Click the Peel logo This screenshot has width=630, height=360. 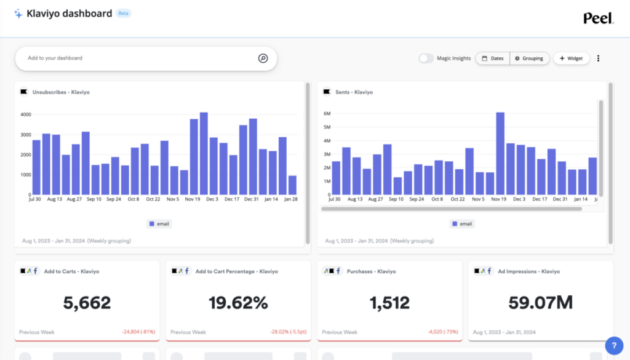click(598, 18)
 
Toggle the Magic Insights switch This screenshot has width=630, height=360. click(426, 58)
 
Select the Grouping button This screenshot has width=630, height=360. click(529, 58)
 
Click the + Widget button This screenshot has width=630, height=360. click(571, 58)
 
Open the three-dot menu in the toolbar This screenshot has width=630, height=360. click(598, 58)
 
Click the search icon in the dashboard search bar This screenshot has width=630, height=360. click(263, 58)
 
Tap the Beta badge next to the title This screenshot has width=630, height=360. click(123, 13)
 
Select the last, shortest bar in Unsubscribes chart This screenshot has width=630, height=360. click(292, 185)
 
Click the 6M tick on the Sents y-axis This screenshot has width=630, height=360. click(327, 114)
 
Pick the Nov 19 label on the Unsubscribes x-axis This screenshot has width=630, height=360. click(193, 199)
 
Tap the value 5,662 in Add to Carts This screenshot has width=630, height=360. click(87, 303)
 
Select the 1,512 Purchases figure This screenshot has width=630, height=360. click(389, 303)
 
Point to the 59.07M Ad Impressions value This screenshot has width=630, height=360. click(541, 303)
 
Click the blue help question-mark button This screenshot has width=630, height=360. click(613, 345)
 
